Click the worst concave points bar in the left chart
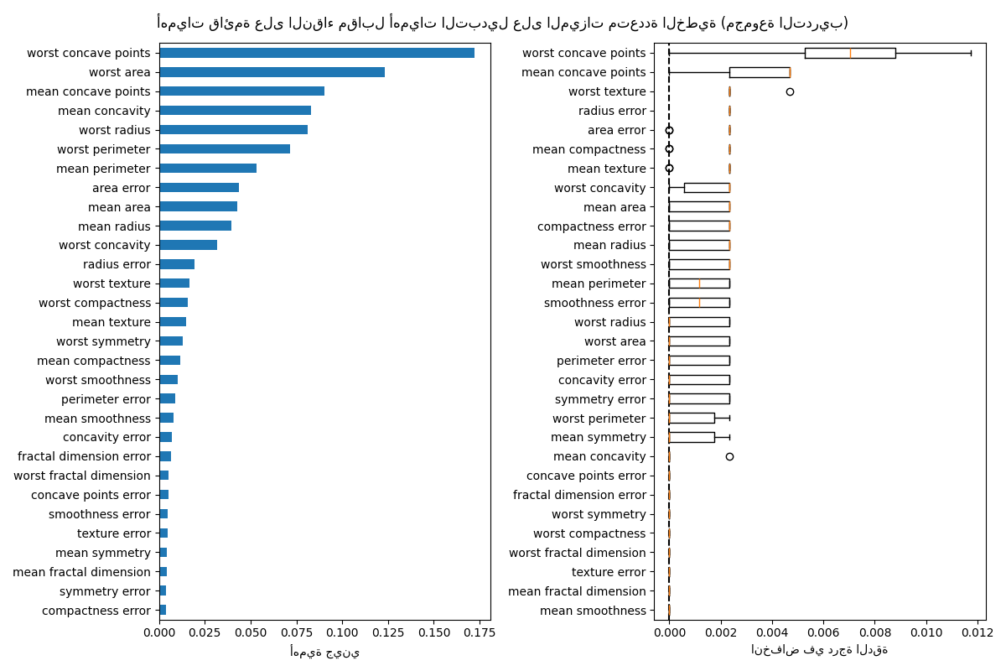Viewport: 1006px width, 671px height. (317, 53)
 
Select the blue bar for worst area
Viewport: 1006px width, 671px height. (272, 72)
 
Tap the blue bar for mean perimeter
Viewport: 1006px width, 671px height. (208, 169)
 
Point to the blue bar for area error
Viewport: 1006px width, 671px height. (199, 188)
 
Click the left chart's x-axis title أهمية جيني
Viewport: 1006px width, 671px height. (324, 652)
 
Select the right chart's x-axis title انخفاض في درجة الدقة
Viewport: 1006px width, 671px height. (819, 650)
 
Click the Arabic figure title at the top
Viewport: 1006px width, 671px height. (502, 23)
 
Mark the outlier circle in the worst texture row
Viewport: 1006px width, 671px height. (790, 91)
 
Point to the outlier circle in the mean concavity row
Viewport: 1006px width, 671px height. (729, 456)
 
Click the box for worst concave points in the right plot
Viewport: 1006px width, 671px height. (849, 53)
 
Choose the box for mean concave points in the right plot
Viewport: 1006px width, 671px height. (759, 72)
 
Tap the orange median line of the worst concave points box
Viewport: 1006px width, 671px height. (850, 53)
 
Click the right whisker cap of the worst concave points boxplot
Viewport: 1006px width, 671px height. (971, 53)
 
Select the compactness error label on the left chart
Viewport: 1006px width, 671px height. (96, 611)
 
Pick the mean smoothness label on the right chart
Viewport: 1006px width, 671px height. (593, 611)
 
